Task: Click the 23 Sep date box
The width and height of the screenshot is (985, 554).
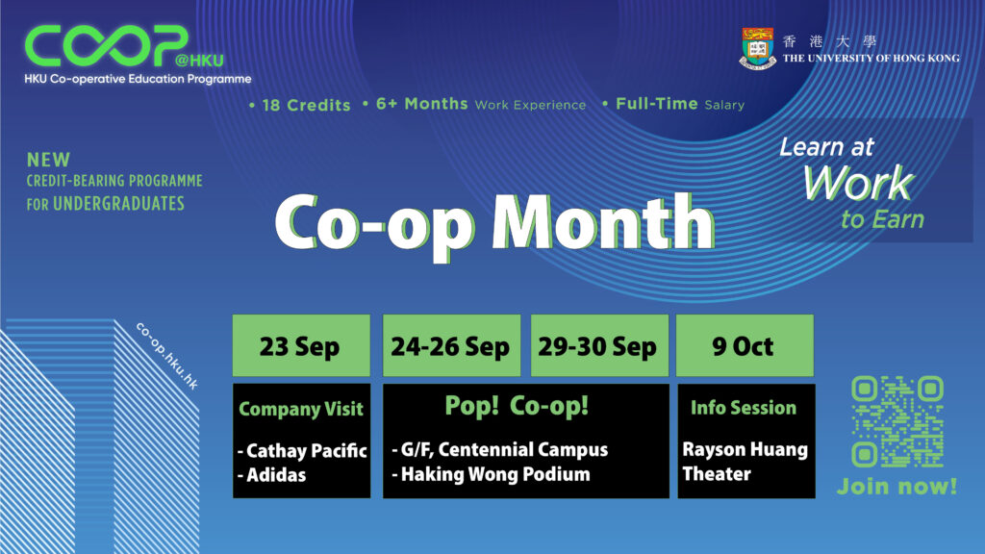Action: [x=301, y=345]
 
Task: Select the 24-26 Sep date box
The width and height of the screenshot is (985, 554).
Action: [x=451, y=345]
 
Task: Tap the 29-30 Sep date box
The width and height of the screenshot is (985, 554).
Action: [x=599, y=345]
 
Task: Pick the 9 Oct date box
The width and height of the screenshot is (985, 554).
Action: [x=745, y=345]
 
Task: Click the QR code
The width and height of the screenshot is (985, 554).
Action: [x=897, y=421]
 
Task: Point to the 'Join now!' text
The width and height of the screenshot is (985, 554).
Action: [x=897, y=486]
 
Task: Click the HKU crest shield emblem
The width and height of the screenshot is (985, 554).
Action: [x=758, y=48]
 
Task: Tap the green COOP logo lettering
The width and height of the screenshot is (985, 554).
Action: [x=107, y=45]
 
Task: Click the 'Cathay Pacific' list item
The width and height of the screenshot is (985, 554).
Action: [x=302, y=450]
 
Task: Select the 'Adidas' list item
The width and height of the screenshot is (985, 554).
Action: [x=272, y=475]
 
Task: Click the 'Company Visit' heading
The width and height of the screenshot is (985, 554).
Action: [x=301, y=409]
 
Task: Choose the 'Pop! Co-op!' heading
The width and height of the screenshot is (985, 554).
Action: [x=517, y=406]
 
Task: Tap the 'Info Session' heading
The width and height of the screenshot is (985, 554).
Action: [x=744, y=408]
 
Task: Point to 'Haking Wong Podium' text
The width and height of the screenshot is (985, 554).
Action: [x=492, y=474]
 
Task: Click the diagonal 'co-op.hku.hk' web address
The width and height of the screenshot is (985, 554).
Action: [x=167, y=356]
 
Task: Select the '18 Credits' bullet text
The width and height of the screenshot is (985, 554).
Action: [x=300, y=105]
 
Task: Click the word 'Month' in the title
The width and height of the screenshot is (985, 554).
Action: [x=603, y=222]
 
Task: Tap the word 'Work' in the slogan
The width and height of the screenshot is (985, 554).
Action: [x=858, y=183]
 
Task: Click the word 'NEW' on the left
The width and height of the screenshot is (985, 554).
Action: [x=48, y=160]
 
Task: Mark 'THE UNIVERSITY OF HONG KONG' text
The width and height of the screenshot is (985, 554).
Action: [x=871, y=59]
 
